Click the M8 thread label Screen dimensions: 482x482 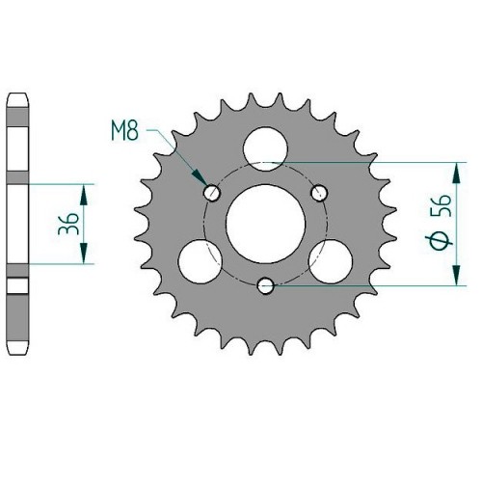point(125,130)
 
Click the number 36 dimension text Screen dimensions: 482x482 point(68,224)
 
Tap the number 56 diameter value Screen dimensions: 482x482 point(442,206)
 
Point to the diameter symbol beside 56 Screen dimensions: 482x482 point(439,240)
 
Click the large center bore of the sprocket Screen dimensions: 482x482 point(265,224)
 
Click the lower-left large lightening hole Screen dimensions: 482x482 point(201,261)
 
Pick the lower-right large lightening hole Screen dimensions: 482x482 point(331,261)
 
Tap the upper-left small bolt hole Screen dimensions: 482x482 point(212,193)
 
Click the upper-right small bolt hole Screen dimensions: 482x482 point(319,193)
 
